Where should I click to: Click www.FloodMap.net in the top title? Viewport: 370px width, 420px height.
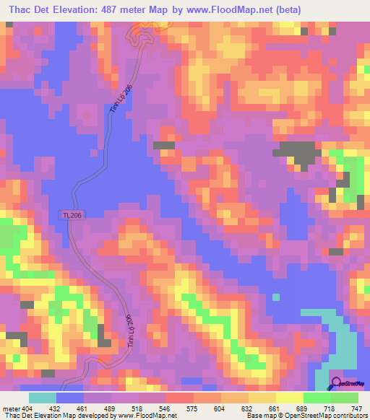click(222, 9)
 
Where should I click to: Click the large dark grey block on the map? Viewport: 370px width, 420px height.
click(298, 152)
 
